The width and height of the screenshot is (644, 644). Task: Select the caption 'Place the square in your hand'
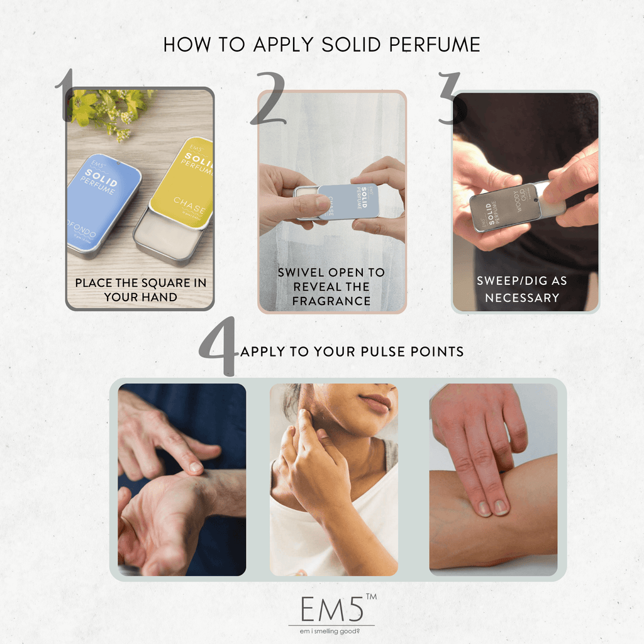(140, 289)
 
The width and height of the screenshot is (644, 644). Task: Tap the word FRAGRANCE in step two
(331, 301)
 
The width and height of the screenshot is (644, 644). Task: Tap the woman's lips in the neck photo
(376, 403)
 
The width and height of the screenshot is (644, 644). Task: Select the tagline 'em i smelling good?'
(331, 631)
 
